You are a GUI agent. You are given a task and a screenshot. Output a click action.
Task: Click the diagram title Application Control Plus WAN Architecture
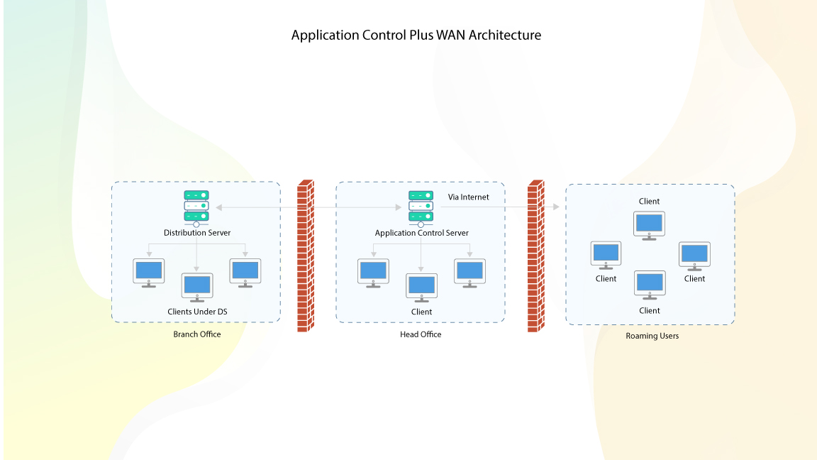(416, 35)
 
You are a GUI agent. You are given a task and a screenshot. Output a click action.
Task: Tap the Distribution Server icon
(196, 206)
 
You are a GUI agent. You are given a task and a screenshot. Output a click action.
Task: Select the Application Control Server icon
(421, 206)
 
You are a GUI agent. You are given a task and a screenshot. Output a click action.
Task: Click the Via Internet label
(468, 197)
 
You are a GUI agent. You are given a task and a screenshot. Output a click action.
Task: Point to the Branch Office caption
(197, 334)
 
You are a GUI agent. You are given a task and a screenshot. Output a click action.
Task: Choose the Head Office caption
(421, 334)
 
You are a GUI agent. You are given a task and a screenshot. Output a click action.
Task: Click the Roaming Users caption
(652, 336)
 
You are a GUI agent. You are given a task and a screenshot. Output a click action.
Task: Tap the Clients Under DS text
(197, 312)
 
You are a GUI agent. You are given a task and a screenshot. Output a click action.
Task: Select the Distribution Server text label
(197, 233)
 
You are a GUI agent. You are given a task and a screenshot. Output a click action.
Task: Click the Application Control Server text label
(421, 233)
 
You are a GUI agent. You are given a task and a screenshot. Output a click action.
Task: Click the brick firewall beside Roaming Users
(535, 256)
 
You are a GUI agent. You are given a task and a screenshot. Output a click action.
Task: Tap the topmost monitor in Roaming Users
(649, 224)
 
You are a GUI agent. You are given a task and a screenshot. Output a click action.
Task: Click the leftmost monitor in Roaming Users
(606, 254)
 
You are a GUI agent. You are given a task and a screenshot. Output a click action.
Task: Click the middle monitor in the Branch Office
(197, 286)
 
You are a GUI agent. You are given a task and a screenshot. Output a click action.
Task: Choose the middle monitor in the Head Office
(421, 286)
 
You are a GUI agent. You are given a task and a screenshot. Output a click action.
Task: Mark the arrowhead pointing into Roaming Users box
(555, 207)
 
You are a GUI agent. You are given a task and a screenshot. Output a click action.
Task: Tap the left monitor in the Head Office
(373, 271)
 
